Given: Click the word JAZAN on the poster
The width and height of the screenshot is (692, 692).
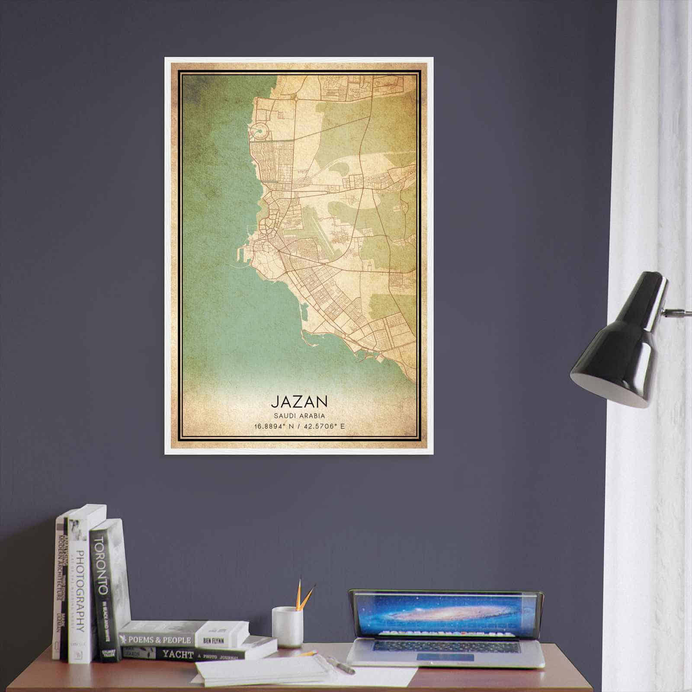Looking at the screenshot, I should [299, 401].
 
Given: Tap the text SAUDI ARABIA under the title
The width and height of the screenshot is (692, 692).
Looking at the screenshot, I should [299, 416].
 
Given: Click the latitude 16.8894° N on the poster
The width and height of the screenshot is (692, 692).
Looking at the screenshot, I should [274, 426].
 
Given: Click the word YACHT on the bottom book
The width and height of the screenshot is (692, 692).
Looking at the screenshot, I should [177, 654].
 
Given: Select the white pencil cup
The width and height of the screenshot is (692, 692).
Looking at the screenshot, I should [287, 627].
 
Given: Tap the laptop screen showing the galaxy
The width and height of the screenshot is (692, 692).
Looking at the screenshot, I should [445, 614].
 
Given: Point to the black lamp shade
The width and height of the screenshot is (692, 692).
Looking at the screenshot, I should [618, 346].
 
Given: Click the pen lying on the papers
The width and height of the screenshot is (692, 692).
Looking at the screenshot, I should [341, 666].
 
